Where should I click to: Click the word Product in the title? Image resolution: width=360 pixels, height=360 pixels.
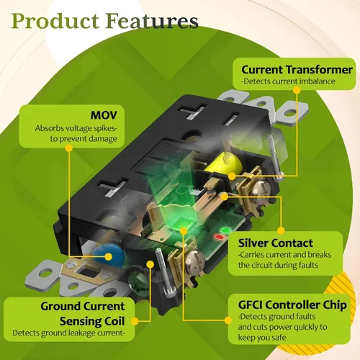point(55,21)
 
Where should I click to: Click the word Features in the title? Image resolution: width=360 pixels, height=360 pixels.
point(153,21)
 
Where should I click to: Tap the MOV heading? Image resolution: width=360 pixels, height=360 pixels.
point(104,115)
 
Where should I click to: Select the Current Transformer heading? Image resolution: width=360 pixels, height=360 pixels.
point(297,70)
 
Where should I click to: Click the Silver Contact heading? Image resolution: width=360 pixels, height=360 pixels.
point(276,243)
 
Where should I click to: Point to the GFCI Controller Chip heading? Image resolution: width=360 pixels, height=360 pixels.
point(292,305)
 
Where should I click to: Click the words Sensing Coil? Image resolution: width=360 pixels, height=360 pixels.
point(92,321)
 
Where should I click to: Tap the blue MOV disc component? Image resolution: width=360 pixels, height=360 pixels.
point(109,255)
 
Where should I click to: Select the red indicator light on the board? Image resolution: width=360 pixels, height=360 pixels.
point(220,237)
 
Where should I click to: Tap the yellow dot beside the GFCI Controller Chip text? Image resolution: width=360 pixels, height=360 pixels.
point(228,320)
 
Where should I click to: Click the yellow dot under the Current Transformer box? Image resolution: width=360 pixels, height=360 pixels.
point(297,90)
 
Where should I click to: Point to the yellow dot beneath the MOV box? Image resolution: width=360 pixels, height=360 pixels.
point(69,148)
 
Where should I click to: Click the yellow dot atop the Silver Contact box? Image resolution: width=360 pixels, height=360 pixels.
point(281,230)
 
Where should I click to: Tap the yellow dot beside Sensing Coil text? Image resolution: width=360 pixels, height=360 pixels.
point(135,321)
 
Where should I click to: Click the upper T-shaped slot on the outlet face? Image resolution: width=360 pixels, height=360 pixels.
point(193,111)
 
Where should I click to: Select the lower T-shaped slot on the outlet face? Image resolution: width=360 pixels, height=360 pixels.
point(112,186)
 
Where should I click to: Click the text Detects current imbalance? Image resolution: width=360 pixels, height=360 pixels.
point(288,81)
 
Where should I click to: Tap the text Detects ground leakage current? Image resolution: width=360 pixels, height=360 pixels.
point(68,333)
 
